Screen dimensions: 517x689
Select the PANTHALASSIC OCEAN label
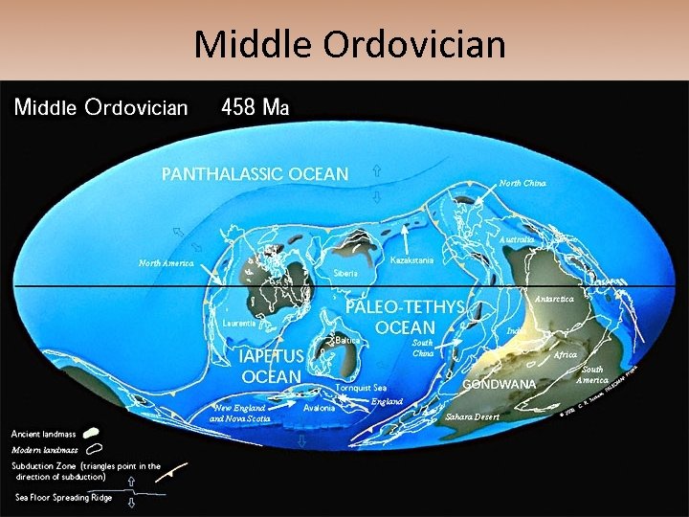(255, 174)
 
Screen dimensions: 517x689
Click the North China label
(523, 183)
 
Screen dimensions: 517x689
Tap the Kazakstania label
(413, 260)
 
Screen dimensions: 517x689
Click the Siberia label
(345, 273)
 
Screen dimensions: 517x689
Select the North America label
(167, 263)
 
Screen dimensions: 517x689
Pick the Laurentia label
(238, 324)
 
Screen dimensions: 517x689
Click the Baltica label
(347, 340)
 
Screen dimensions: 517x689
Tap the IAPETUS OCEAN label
(271, 365)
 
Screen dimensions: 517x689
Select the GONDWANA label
(500, 384)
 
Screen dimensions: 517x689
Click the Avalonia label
(319, 407)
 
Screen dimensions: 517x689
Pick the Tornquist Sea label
(362, 389)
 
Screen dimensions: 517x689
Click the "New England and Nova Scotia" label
(240, 413)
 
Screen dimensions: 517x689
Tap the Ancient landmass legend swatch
(95, 433)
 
